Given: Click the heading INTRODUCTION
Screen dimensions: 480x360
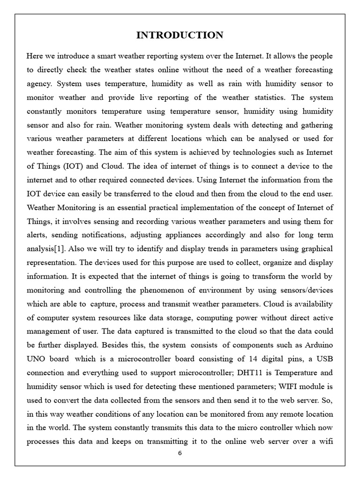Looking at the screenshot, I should tap(180, 35).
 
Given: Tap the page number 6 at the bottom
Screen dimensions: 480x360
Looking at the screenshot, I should tap(180, 453).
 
